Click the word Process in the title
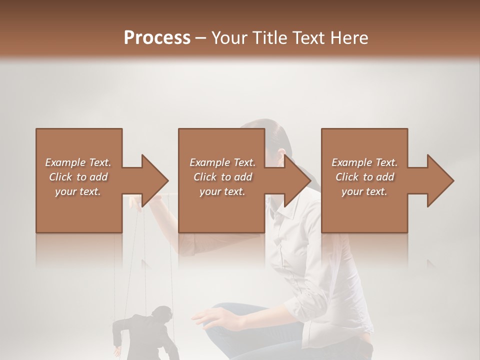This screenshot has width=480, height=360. click(x=157, y=38)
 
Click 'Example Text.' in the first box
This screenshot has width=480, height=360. click(x=78, y=162)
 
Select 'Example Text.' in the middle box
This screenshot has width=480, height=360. click(x=222, y=162)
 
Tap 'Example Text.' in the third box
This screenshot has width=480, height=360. click(x=364, y=162)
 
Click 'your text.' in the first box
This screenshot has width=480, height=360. click(x=78, y=191)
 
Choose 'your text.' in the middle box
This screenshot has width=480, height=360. click(x=222, y=191)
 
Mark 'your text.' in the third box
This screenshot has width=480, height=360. click(x=364, y=191)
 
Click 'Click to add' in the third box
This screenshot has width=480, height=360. click(x=364, y=177)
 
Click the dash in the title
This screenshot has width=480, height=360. click(x=201, y=38)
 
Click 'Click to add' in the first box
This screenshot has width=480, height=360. click(x=78, y=177)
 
